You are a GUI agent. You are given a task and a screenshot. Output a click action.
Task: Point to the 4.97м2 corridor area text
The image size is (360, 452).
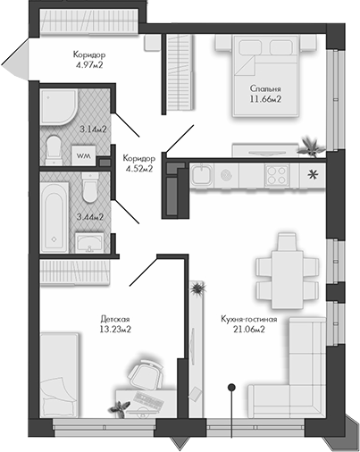point(89,64)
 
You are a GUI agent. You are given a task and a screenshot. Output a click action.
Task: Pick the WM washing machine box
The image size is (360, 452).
point(84,156)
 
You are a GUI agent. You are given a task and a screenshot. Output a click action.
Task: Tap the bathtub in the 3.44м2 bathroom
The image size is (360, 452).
point(54,215)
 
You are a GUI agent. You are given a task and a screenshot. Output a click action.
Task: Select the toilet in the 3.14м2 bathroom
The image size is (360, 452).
point(54,147)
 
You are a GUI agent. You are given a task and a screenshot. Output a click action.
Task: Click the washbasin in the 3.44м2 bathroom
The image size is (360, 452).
point(89,242)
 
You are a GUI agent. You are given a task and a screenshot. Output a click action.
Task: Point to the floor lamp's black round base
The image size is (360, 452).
point(231,387)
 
